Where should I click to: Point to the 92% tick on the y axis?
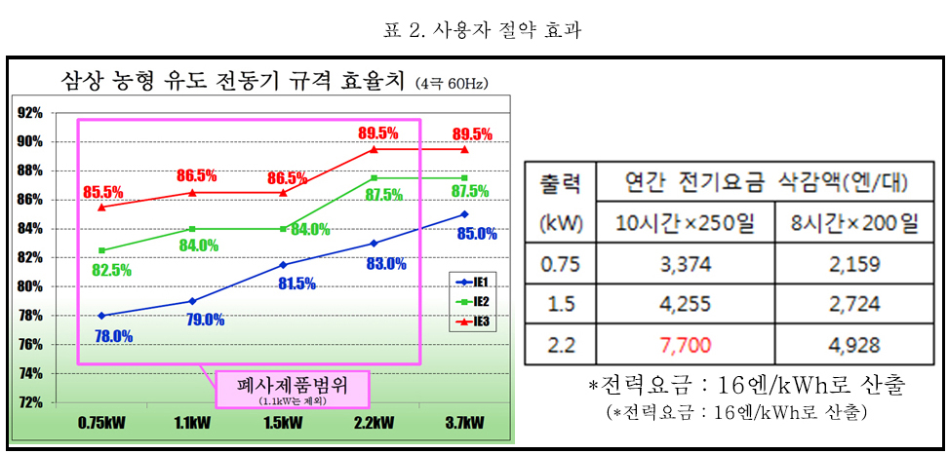29,112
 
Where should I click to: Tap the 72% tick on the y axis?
29,402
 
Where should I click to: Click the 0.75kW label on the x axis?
101,424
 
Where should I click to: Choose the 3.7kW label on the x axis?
463,424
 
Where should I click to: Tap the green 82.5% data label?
111,270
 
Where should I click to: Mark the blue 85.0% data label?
477,234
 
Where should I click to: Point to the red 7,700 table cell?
686,344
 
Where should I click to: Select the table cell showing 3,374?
686,263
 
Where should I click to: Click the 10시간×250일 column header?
686,224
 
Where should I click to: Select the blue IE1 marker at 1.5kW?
283,264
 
